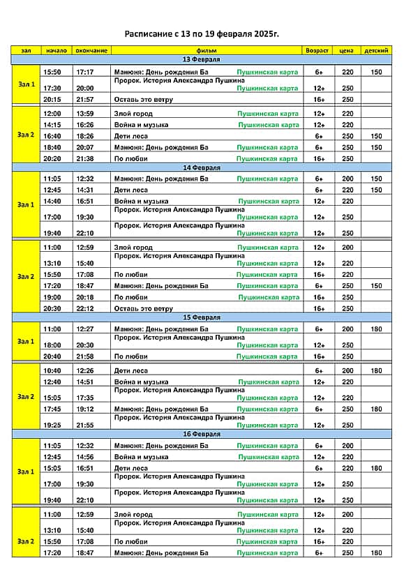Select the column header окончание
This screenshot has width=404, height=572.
[x=91, y=50]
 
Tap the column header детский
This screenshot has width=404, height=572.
[x=377, y=50]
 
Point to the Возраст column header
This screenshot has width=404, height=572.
[x=318, y=50]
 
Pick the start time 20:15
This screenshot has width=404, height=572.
[x=52, y=100]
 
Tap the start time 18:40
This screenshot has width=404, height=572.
[x=52, y=147]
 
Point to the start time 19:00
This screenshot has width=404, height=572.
[x=52, y=297]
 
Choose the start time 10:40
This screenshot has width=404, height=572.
[x=52, y=371]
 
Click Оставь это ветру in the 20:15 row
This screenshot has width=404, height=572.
[x=144, y=100]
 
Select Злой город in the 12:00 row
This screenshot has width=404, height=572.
[x=133, y=114]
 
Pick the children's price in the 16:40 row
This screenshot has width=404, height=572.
[x=377, y=136]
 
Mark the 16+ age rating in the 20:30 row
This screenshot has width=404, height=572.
[x=318, y=308]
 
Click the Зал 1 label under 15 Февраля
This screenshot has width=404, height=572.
[x=26, y=342]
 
